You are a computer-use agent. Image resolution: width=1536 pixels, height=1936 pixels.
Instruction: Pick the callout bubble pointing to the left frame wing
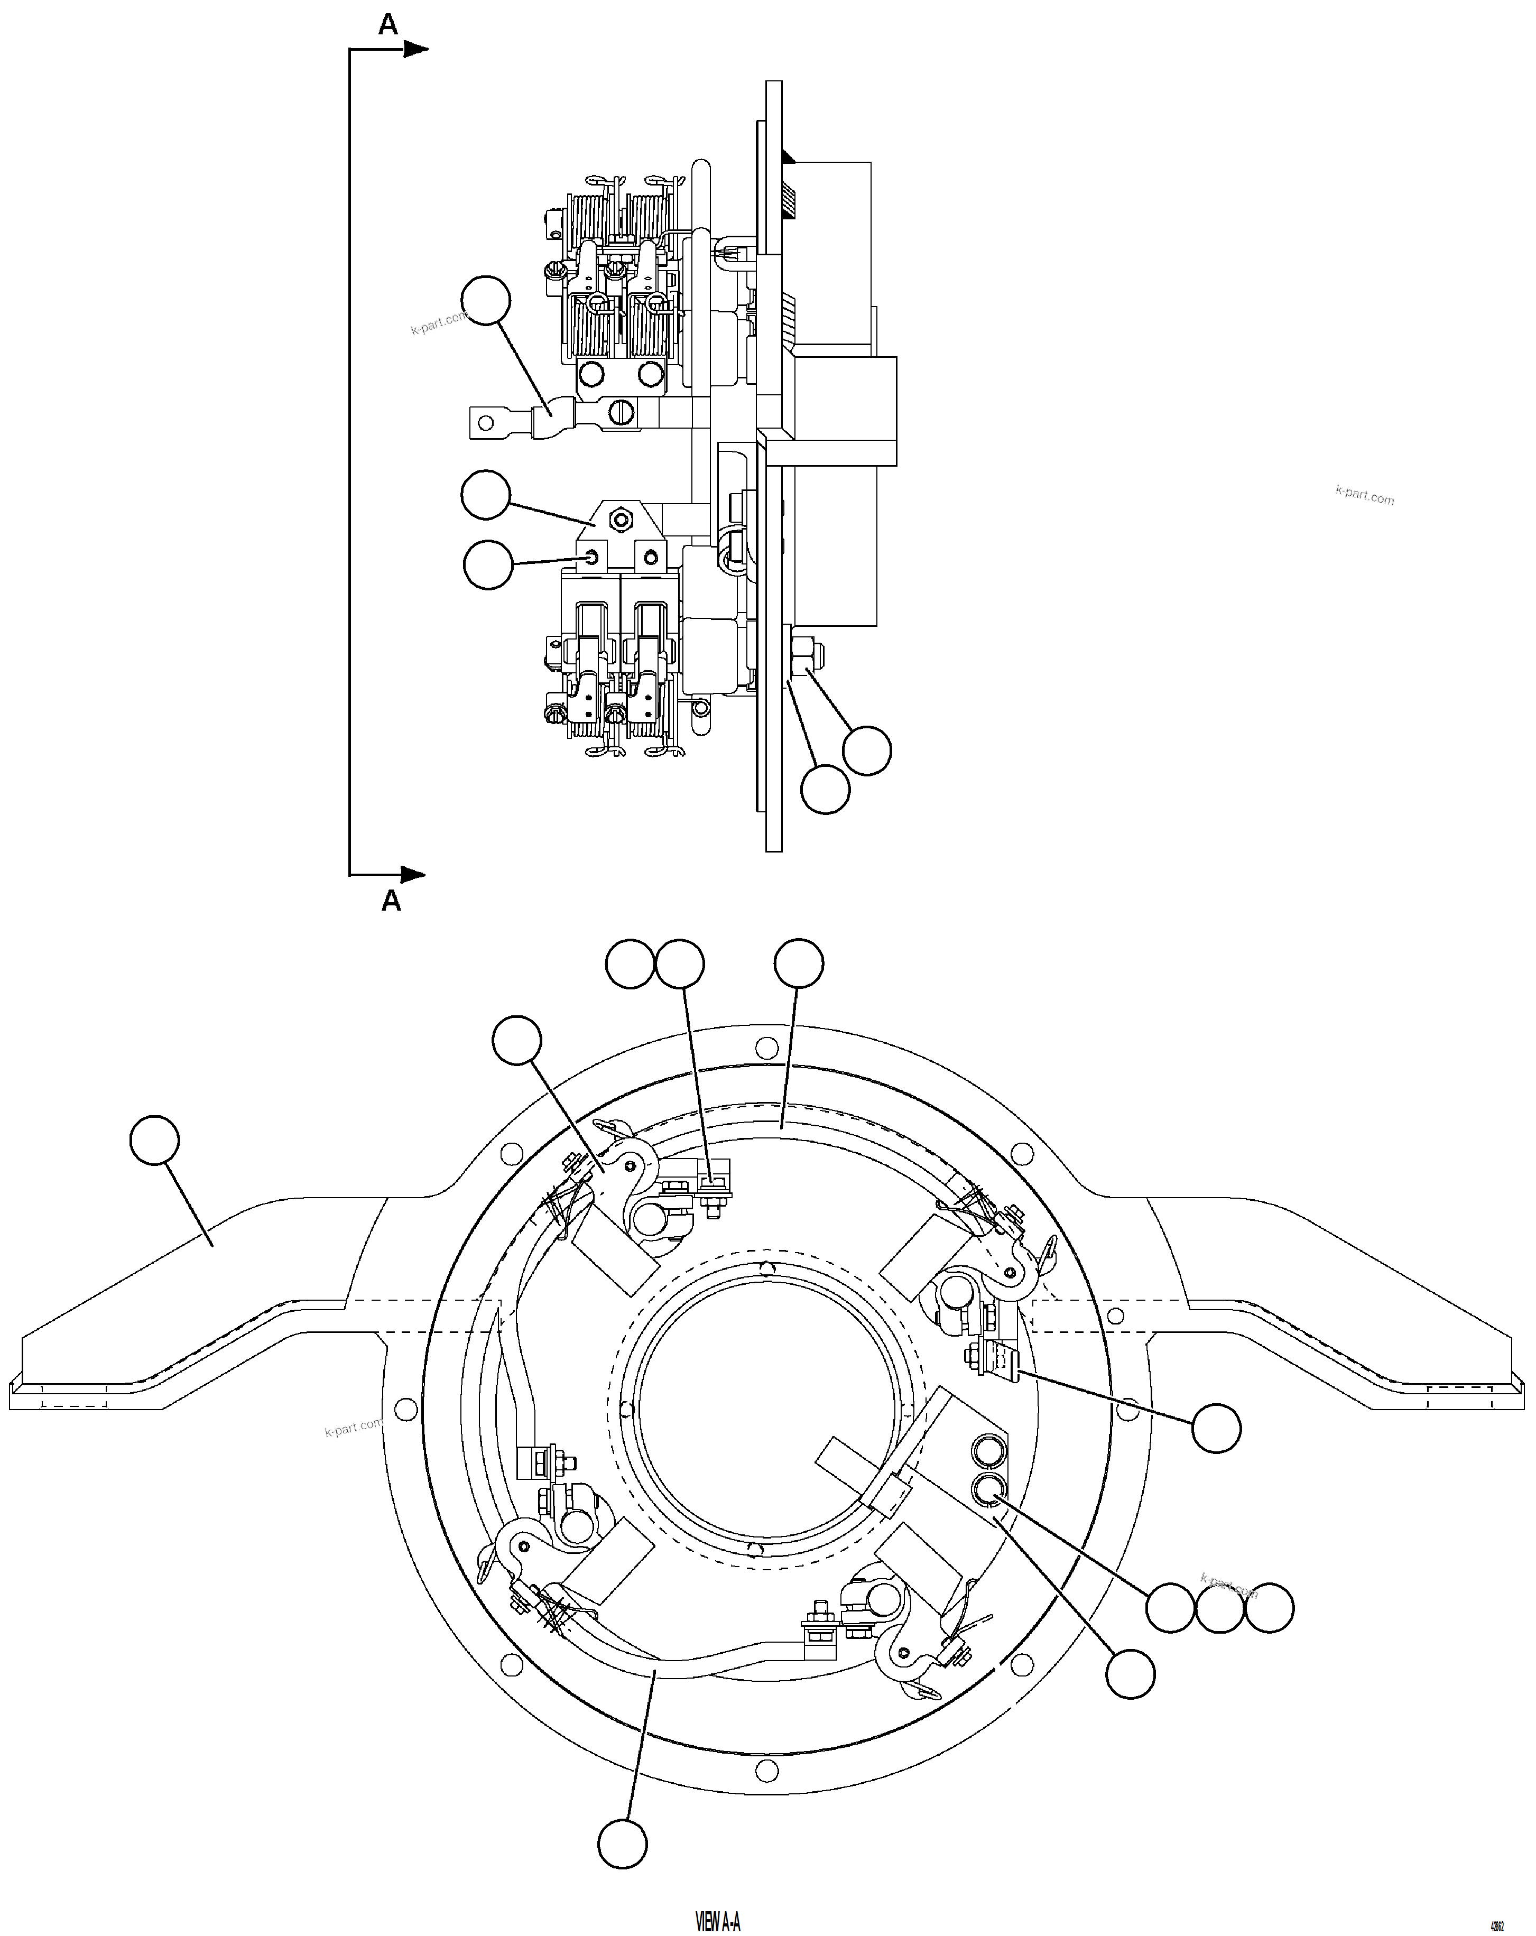click(x=154, y=1141)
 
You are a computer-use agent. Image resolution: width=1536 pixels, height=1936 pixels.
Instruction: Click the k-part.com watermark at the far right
click(x=1364, y=495)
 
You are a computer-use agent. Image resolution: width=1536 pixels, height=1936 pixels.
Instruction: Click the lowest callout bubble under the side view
click(x=825, y=789)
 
